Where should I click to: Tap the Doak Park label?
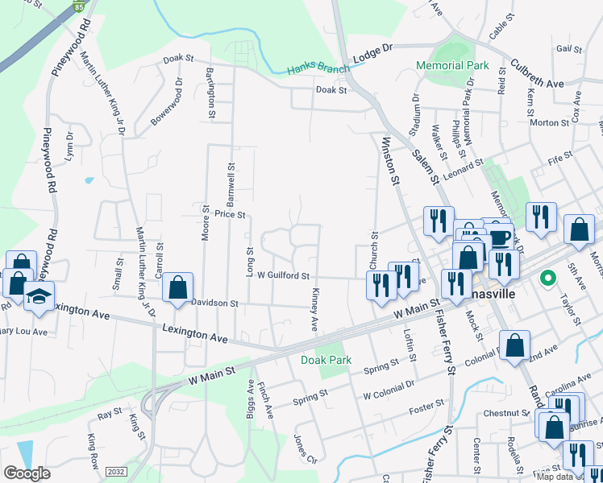[x=326, y=360]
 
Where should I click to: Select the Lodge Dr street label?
[x=372, y=55]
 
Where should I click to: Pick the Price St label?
[x=230, y=214]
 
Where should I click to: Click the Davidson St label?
[x=215, y=303]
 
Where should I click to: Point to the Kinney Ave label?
[x=314, y=309]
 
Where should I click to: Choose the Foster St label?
[x=427, y=407]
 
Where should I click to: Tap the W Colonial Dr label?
[x=389, y=394]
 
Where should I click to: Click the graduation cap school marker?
[x=38, y=296]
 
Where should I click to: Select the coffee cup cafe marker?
[x=498, y=237]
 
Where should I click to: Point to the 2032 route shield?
[x=116, y=473]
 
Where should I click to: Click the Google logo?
[x=27, y=473]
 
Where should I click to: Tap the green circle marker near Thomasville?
[x=548, y=279]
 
